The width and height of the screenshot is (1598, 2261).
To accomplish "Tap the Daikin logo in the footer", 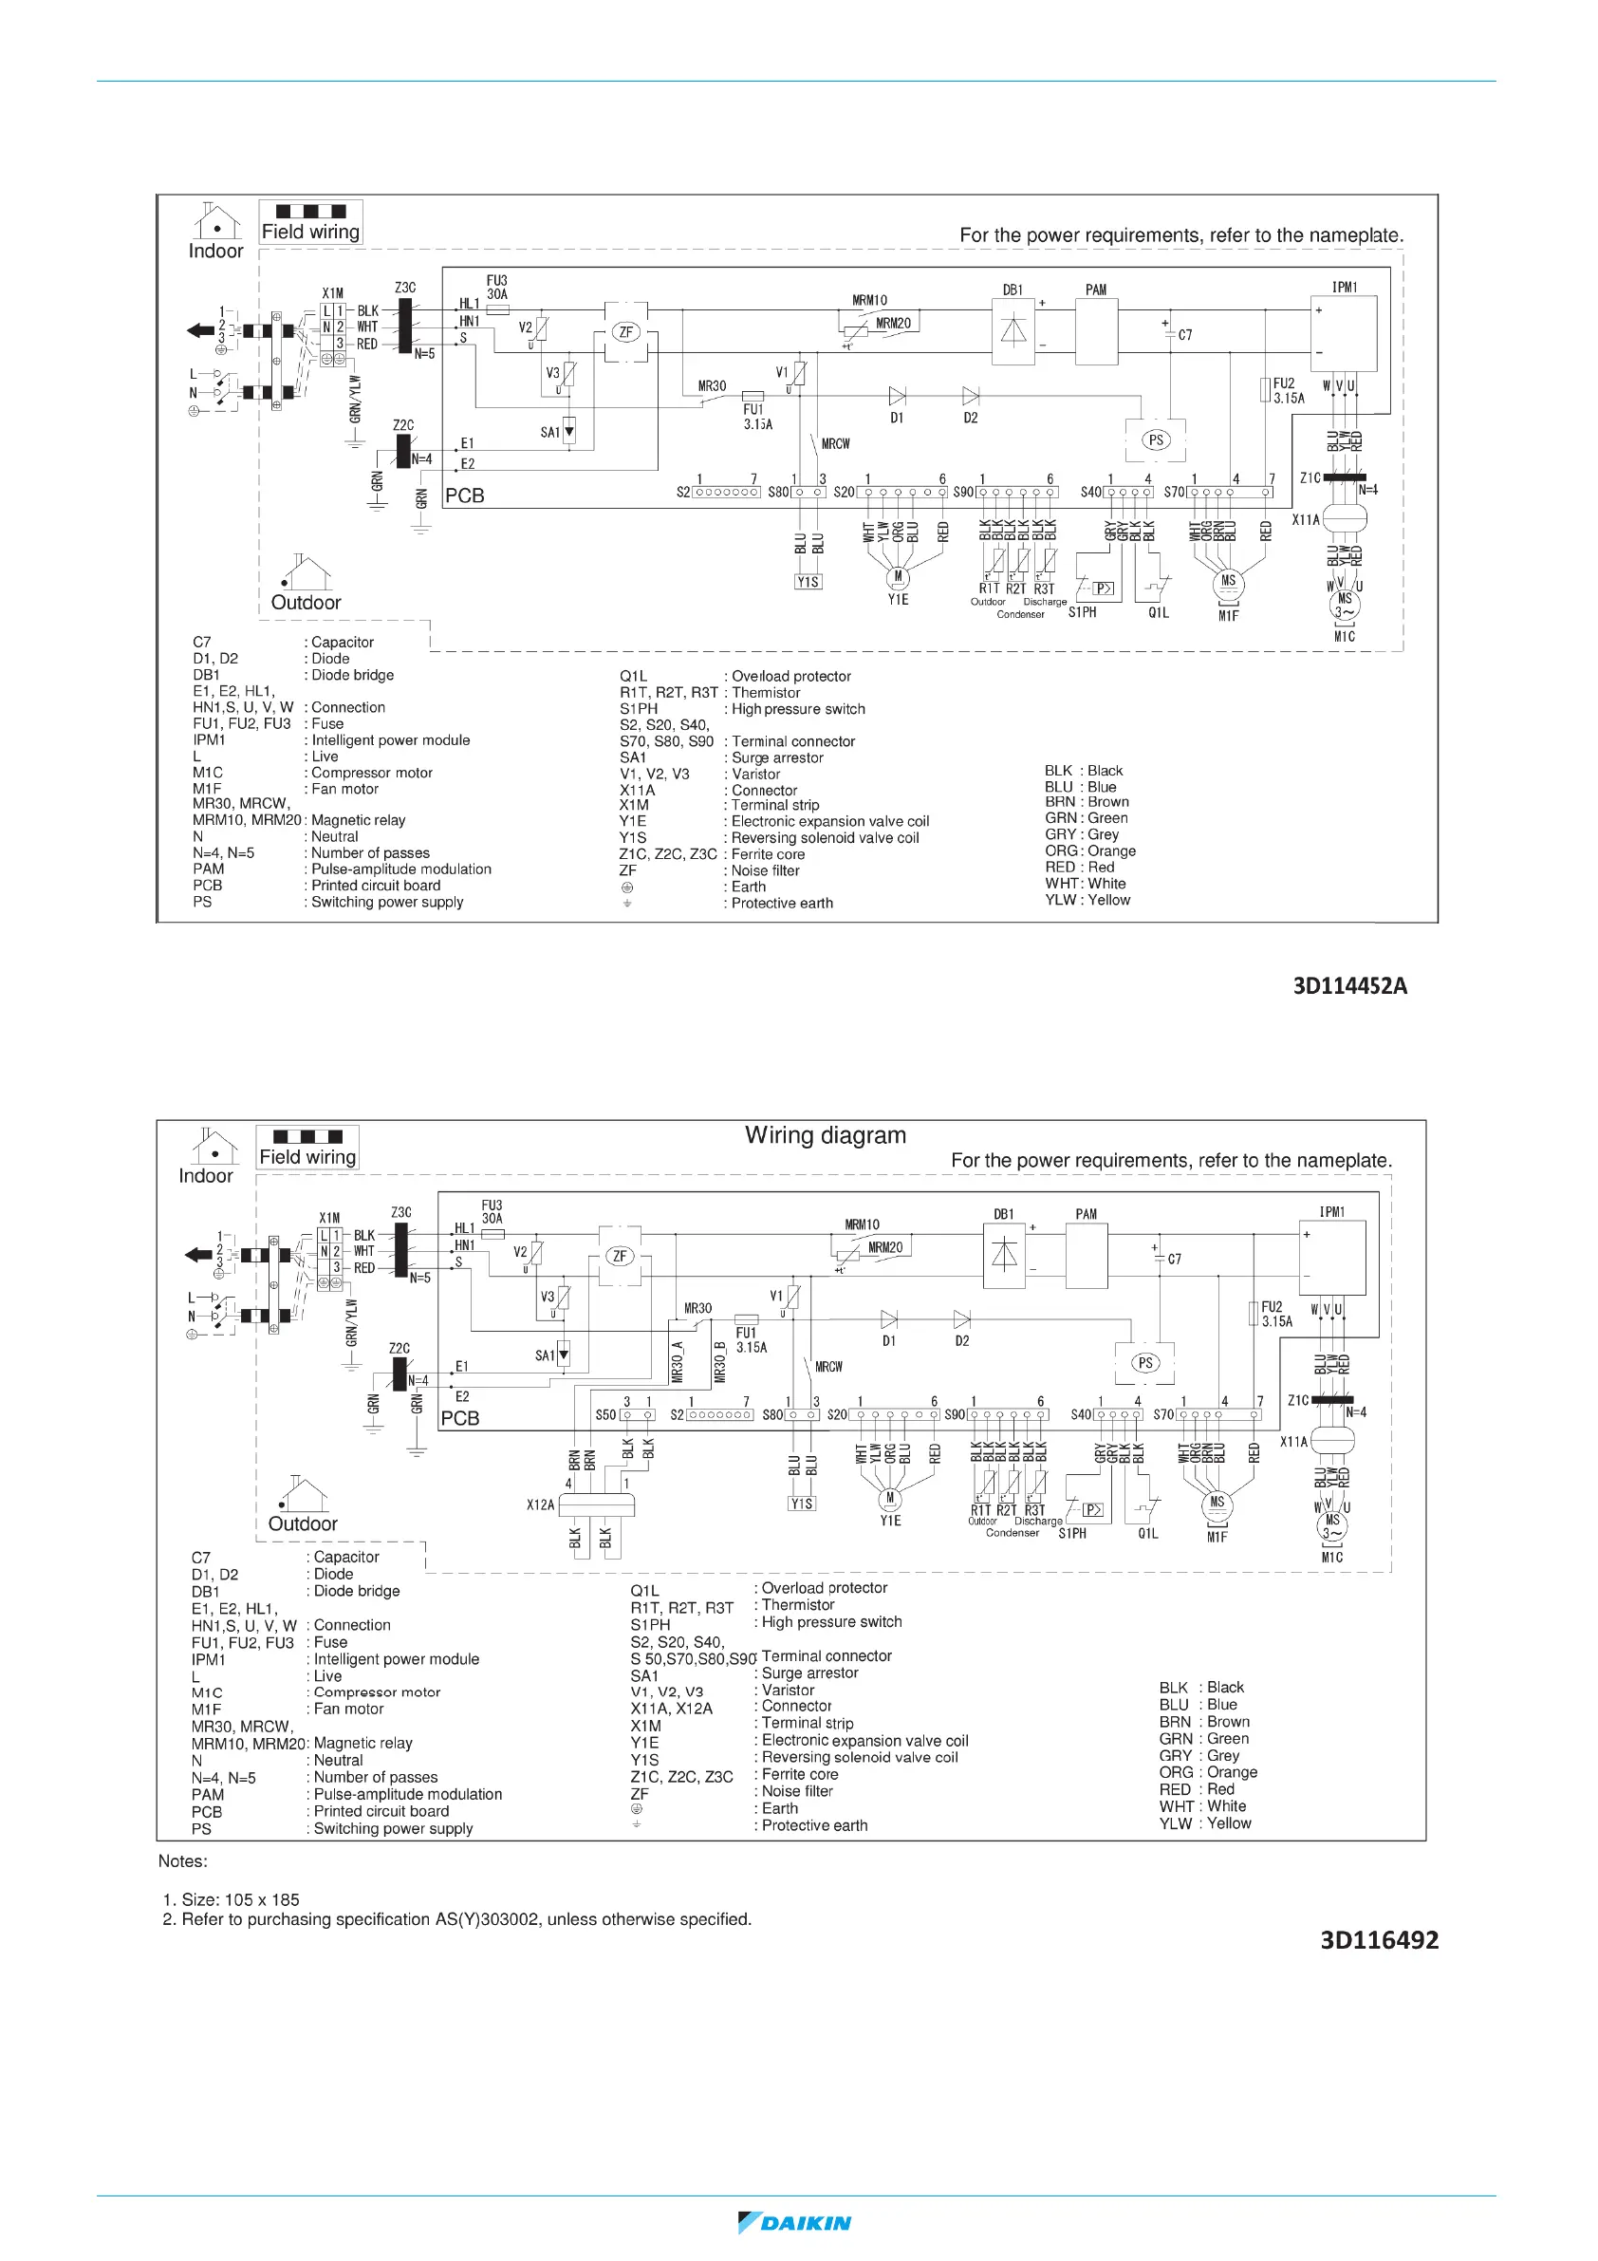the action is point(794,2223).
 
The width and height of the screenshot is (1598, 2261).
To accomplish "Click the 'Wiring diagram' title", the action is point(825,1135).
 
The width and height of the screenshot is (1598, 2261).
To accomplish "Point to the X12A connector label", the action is point(540,1504).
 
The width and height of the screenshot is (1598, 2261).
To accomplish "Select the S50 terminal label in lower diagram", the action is point(604,1414).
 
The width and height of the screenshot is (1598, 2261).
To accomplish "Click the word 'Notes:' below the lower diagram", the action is point(183,1861).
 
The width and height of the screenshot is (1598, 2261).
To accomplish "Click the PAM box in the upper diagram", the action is point(1096,331).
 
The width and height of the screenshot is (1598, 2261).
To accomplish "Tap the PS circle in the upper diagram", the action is point(1156,440).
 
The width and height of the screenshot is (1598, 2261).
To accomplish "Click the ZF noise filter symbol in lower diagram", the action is point(620,1256).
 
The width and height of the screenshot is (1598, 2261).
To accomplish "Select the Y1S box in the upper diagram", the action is point(808,582).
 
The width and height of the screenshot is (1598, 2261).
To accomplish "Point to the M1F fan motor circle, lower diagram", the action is point(1217,1503).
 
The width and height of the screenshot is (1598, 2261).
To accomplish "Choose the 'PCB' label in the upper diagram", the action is point(465,495).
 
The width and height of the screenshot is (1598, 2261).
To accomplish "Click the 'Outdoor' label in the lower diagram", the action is point(303,1523).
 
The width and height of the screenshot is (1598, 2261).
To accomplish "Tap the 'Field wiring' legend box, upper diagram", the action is point(310,222).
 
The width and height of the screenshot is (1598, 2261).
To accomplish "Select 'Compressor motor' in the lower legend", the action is point(377,1691).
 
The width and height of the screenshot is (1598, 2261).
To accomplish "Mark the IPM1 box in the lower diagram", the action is point(1334,1258).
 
